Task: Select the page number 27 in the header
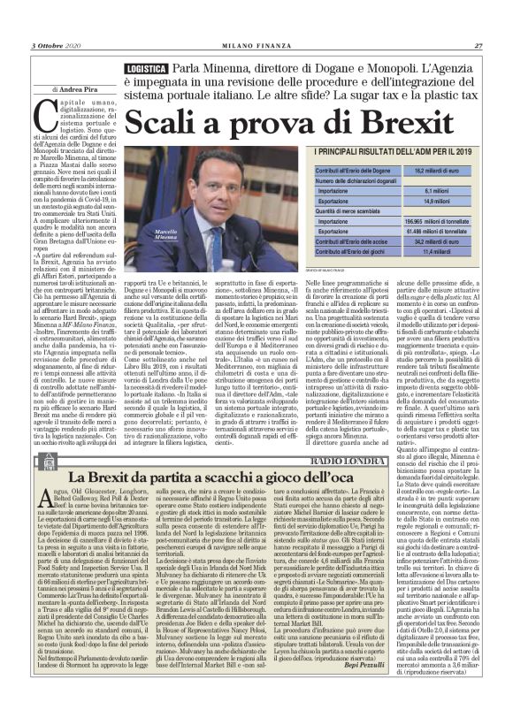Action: tap(479, 46)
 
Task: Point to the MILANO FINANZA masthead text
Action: tap(256, 46)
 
